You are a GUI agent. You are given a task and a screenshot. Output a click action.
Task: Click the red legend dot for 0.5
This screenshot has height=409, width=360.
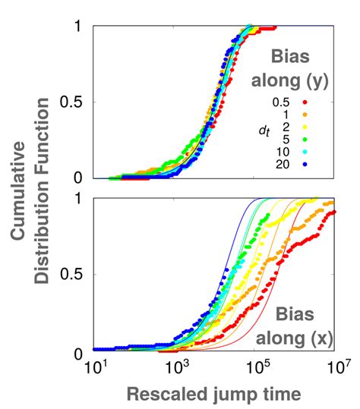tap(324, 100)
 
